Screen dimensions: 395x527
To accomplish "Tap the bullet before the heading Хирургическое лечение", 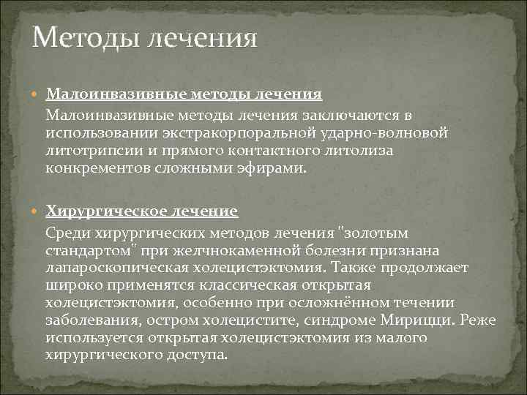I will [37, 212].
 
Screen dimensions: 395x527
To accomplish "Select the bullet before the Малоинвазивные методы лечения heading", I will [37, 94].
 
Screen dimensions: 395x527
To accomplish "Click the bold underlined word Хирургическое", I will [105, 211].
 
